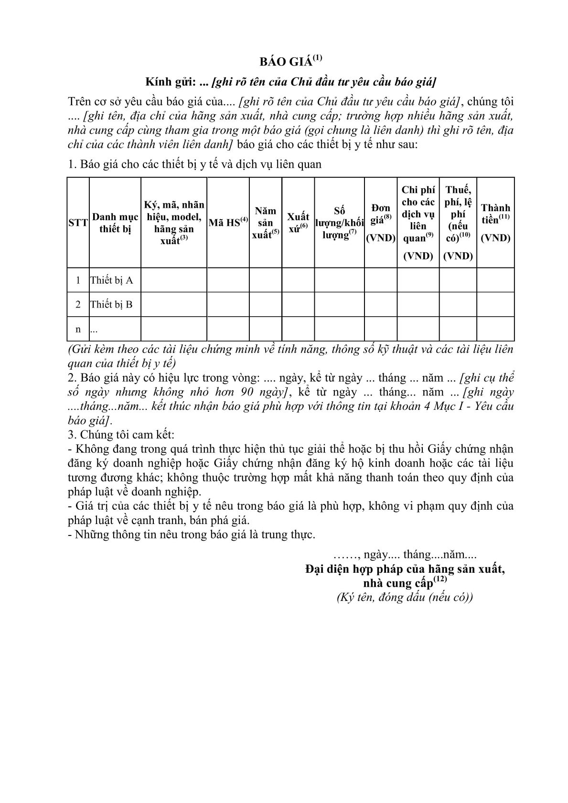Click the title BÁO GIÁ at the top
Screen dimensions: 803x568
pos(286,62)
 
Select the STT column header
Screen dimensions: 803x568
pos(78,223)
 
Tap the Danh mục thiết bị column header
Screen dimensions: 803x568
pos(115,223)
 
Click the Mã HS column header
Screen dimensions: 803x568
pos(228,222)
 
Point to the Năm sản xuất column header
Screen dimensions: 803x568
pos(266,223)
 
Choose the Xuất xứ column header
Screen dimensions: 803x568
pos(298,223)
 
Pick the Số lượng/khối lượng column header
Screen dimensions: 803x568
pos(339,223)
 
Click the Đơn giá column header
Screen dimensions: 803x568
pos(380,223)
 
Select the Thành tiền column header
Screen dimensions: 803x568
pos(495,223)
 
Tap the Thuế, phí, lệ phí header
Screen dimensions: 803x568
pos(458,223)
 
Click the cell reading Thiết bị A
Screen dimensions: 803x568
pos(111,280)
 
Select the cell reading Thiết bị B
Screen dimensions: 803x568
pos(111,304)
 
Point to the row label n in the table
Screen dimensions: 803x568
pos(78,329)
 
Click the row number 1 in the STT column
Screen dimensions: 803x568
pos(78,280)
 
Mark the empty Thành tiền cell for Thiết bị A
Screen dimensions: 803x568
pos(495,280)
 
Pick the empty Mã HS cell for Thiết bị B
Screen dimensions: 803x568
pos(228,304)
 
